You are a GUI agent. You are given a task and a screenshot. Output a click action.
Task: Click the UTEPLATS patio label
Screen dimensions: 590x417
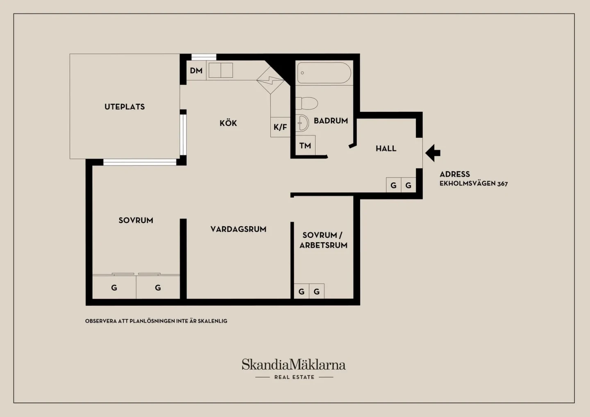[125, 107]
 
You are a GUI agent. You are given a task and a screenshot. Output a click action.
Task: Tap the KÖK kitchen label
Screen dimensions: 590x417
[228, 123]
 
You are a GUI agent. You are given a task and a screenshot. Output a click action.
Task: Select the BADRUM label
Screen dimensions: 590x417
[331, 121]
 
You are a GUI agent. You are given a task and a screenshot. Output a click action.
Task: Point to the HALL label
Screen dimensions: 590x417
[386, 149]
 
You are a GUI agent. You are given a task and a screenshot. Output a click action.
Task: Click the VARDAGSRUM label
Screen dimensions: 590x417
[238, 229]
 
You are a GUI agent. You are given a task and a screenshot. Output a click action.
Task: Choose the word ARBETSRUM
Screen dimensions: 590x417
[323, 245]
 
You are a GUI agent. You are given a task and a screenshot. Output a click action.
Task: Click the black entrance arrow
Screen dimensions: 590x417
[433, 153]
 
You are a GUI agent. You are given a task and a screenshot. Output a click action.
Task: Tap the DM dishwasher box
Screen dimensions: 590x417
[196, 70]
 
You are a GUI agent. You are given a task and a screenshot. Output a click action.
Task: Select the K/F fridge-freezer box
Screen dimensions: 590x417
[280, 127]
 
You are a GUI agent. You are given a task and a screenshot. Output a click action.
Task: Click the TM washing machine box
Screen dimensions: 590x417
[305, 146]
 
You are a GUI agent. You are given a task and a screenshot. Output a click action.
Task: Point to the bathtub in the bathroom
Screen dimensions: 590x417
[324, 73]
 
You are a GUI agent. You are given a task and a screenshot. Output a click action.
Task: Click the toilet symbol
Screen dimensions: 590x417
[306, 103]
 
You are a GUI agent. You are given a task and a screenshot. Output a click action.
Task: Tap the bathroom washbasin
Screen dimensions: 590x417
[302, 123]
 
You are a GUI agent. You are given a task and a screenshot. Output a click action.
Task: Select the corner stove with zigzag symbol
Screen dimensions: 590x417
[270, 80]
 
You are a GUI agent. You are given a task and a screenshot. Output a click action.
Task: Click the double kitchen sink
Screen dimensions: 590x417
[221, 70]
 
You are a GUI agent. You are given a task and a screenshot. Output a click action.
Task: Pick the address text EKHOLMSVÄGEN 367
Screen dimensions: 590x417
[474, 184]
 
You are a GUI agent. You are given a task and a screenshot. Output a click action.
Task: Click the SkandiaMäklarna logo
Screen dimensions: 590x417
[294, 365]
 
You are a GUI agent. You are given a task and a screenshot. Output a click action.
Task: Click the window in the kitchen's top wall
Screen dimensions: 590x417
[204, 57]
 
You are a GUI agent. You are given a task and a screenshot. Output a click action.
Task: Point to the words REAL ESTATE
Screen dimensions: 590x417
[294, 377]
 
